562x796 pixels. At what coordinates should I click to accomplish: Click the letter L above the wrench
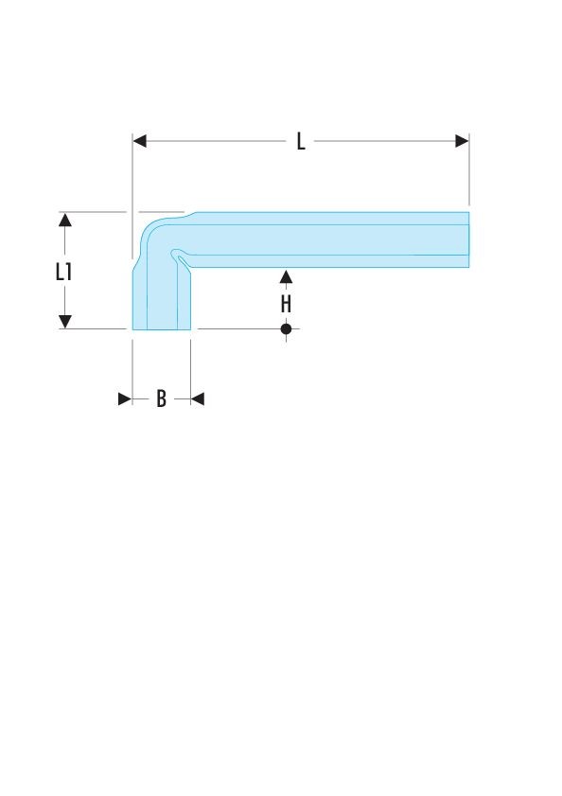point(301,141)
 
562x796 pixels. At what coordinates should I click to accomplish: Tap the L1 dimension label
point(63,272)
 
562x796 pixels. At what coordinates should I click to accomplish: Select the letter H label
point(286,304)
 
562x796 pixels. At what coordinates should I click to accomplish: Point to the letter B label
point(161,398)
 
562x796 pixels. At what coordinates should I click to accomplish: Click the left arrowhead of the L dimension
point(140,141)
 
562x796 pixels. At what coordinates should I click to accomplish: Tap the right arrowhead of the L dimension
point(462,141)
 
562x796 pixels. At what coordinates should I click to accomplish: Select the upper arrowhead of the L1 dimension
point(65,220)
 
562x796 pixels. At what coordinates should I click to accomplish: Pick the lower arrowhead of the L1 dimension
point(65,322)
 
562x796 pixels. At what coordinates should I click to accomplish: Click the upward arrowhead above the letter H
point(286,276)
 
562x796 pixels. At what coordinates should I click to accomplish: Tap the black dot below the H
point(286,329)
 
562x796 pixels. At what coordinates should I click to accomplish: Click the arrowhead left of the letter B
point(125,399)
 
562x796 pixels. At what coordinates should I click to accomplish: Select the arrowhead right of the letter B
point(198,399)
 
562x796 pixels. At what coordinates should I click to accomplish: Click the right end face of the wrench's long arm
point(468,239)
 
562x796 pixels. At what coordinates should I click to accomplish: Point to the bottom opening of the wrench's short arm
point(162,329)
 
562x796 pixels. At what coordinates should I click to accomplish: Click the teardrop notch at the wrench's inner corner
point(179,256)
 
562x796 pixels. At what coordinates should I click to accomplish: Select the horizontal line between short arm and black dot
point(238,329)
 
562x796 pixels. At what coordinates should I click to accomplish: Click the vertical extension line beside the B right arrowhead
point(191,372)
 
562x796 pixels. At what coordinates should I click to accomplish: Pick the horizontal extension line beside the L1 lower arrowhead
point(93,329)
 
